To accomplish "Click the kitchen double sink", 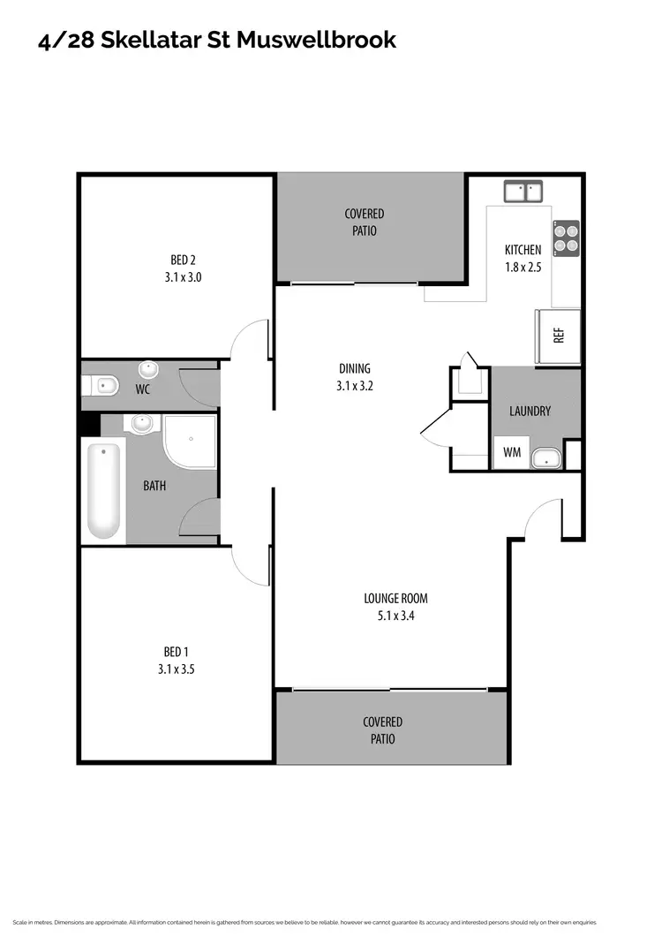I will pyautogui.click(x=523, y=192).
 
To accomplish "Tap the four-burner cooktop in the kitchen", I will pyautogui.click(x=566, y=236).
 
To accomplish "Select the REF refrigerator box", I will pyautogui.click(x=558, y=336).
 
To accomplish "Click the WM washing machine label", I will pyautogui.click(x=511, y=452).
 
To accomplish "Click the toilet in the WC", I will pyautogui.click(x=102, y=385).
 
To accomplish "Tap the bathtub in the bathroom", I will pyautogui.click(x=103, y=490).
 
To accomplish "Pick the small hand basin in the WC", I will pyautogui.click(x=148, y=368).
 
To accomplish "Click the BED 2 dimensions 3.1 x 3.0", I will pyautogui.click(x=183, y=276).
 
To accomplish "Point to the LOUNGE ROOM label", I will pyautogui.click(x=395, y=598).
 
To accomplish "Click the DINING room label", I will pyautogui.click(x=355, y=368).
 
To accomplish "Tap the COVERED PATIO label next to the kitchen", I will pyautogui.click(x=364, y=222).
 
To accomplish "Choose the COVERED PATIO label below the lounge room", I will pyautogui.click(x=383, y=730).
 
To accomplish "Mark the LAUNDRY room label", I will pyautogui.click(x=530, y=411).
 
